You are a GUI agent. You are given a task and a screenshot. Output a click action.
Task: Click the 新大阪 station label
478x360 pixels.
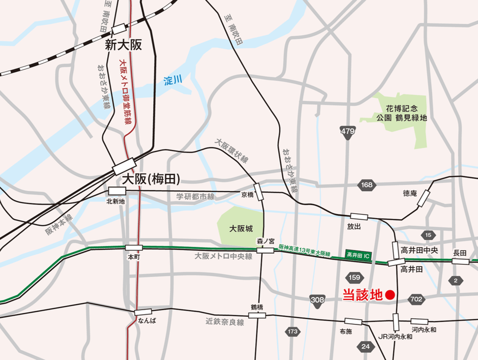(x=124, y=45)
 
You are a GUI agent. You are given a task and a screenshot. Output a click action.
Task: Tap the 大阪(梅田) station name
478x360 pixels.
(x=152, y=178)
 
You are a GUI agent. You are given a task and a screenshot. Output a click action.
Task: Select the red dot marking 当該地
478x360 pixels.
(x=390, y=294)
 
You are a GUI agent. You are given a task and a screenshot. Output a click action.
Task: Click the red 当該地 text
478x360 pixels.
(x=362, y=295)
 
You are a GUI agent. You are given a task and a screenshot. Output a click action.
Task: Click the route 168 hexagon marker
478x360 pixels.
(x=367, y=185)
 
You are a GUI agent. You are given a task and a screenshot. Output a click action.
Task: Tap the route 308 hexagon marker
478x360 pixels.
(x=317, y=300)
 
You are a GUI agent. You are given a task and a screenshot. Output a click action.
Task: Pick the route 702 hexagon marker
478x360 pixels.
(x=416, y=299)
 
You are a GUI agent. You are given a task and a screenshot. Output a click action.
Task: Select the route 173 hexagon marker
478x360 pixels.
(x=292, y=332)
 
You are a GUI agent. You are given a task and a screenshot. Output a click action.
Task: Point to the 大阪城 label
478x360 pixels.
(x=241, y=229)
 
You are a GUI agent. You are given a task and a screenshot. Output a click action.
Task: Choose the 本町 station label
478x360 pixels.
(x=134, y=257)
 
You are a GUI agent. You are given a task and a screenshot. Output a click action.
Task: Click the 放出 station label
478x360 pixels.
(x=354, y=226)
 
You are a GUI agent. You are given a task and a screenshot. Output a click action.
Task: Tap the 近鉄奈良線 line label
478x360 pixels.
(x=225, y=322)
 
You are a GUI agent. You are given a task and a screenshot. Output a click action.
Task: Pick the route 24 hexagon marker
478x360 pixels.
(x=366, y=347)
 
